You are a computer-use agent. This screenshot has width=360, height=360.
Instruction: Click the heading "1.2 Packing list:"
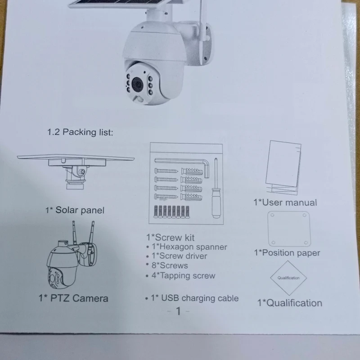tap(80, 132)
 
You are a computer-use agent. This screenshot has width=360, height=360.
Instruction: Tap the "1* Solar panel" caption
tap(75, 210)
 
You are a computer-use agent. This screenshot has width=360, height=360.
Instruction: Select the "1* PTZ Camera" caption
tap(73, 298)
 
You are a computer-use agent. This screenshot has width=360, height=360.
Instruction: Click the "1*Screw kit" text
tap(171, 238)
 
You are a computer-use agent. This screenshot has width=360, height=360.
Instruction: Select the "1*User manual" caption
tap(285, 202)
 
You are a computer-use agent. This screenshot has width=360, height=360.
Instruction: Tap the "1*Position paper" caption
tap(287, 253)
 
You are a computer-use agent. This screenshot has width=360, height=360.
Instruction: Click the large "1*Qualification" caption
tap(290, 303)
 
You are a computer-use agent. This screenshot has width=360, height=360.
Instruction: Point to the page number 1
tap(178, 311)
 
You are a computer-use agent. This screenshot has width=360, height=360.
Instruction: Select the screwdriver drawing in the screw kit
tap(216, 188)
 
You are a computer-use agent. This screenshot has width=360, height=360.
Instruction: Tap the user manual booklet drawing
tap(283, 167)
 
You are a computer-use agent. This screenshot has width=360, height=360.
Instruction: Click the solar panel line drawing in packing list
tap(76, 171)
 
